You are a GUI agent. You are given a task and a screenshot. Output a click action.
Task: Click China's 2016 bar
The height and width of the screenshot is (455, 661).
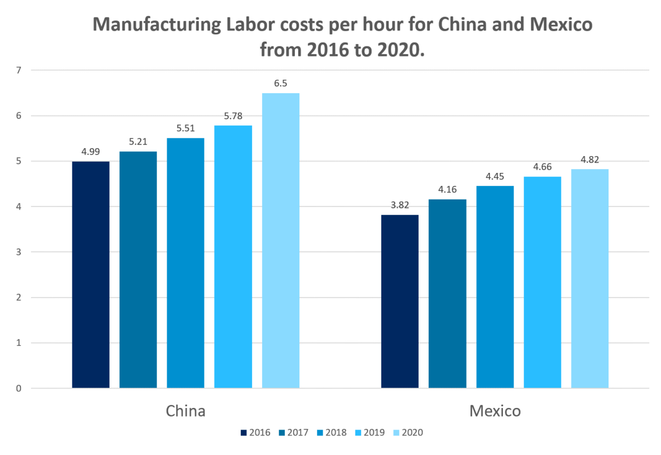coord(91,275)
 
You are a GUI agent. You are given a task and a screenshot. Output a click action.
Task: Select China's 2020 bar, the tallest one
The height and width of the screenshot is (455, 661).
coord(281,241)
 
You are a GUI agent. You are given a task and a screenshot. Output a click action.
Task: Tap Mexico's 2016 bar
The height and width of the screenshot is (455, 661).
coord(400,301)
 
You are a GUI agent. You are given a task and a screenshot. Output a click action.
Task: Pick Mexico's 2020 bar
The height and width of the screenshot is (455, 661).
coord(590,279)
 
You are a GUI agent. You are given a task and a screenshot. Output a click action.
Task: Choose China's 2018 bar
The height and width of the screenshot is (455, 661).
coord(186,263)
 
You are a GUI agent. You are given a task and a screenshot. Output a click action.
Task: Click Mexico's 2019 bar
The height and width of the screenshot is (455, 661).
coord(542,282)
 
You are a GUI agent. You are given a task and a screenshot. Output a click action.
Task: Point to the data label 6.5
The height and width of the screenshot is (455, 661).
coord(281,83)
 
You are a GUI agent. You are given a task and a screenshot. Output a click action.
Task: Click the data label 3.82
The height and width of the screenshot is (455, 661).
coord(400,205)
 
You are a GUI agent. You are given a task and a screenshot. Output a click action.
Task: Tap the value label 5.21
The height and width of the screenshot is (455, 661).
coord(138,141)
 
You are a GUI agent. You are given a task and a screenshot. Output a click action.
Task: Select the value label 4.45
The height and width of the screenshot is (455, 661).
coord(495,176)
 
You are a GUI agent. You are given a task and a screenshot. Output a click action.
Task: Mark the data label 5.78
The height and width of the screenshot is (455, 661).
coord(233,115)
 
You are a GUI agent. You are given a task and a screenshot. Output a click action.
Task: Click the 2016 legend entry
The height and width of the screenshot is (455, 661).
coord(255,433)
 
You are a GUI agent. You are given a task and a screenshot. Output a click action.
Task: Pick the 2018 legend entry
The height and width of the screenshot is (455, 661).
coord(330,433)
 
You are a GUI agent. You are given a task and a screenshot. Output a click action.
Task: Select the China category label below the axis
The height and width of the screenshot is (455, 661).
coord(185,411)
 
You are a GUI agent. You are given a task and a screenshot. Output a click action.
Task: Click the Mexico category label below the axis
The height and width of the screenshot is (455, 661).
coord(495,411)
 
